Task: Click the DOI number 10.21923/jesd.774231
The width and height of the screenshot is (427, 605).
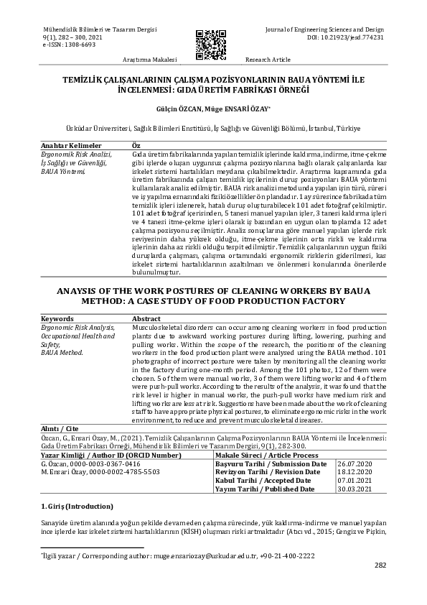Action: click(355, 37)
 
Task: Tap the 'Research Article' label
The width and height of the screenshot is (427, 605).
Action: click(268, 60)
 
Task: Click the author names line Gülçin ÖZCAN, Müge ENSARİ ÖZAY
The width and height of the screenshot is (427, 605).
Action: click(213, 111)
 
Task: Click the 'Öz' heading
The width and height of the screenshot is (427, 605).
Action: click(136, 145)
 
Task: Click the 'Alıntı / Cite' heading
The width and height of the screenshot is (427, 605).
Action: click(59, 428)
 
